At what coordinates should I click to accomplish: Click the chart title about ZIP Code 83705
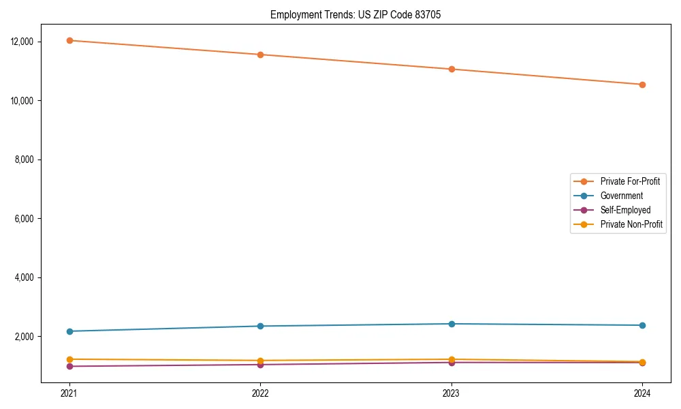click(355, 15)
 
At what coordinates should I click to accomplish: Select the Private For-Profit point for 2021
click(69, 40)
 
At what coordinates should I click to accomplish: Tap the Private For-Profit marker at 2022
click(260, 55)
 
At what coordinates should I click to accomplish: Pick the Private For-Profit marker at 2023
click(451, 69)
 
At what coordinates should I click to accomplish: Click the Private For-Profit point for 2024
click(642, 85)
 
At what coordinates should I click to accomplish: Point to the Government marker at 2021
click(69, 331)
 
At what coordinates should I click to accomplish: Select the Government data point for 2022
click(260, 326)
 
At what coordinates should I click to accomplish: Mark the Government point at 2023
click(451, 324)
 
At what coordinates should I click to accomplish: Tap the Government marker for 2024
click(642, 325)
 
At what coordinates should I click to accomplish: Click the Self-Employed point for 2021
click(69, 366)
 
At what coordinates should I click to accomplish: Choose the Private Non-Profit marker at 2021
click(69, 359)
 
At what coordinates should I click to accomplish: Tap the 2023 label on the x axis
click(451, 393)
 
